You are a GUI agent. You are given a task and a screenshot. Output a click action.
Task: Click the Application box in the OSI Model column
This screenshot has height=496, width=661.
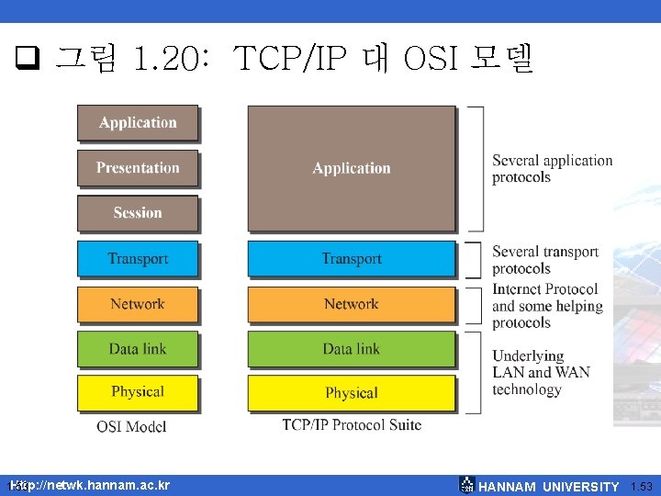point(138,123)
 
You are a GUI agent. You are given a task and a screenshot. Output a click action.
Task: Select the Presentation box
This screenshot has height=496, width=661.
point(138,168)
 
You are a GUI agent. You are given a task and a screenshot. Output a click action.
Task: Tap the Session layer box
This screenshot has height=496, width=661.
point(138,213)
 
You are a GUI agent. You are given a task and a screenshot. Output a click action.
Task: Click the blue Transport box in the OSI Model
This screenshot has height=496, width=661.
point(138,258)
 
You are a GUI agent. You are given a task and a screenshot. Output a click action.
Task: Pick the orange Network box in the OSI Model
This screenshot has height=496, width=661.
point(138,304)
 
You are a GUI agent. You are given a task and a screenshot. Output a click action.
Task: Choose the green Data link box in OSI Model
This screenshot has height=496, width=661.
point(138,349)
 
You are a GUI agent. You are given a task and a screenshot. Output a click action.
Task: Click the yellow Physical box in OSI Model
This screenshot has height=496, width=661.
point(138,392)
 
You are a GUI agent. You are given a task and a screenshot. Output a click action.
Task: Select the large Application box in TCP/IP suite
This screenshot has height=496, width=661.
point(351,168)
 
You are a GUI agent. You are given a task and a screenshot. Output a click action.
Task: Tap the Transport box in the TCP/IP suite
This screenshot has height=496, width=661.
point(351,259)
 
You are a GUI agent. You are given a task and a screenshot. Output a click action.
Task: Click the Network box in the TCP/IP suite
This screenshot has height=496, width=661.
point(351,304)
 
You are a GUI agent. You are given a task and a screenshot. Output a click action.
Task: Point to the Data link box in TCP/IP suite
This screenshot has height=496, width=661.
point(351,349)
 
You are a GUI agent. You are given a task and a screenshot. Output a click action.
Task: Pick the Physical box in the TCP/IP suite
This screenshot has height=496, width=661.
point(351,393)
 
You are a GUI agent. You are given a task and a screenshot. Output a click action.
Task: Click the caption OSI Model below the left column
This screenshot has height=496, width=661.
point(131,427)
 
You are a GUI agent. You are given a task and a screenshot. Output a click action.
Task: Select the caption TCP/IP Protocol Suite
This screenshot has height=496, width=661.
point(352,424)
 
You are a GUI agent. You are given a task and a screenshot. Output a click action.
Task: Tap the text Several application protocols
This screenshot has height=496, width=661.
point(552,168)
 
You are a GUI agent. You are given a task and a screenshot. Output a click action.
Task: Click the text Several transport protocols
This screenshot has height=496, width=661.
point(544,260)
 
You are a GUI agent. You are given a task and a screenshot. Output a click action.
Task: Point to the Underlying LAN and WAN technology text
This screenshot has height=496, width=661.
point(541,372)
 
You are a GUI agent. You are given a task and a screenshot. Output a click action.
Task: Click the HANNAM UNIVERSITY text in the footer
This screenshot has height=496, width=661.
point(549,487)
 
